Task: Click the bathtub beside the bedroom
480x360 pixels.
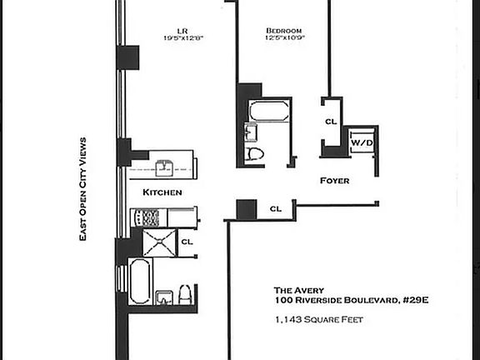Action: (269, 112)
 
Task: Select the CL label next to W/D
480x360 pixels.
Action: (331, 122)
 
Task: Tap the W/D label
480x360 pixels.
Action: (362, 142)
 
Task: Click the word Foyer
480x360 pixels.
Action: (334, 180)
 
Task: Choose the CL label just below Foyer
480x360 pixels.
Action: (275, 208)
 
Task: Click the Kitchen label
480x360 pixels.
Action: (162, 192)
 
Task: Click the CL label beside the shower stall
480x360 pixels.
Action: (187, 242)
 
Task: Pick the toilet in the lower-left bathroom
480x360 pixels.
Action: (185, 294)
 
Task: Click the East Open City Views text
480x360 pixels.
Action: (82, 191)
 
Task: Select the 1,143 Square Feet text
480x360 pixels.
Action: (321, 319)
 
